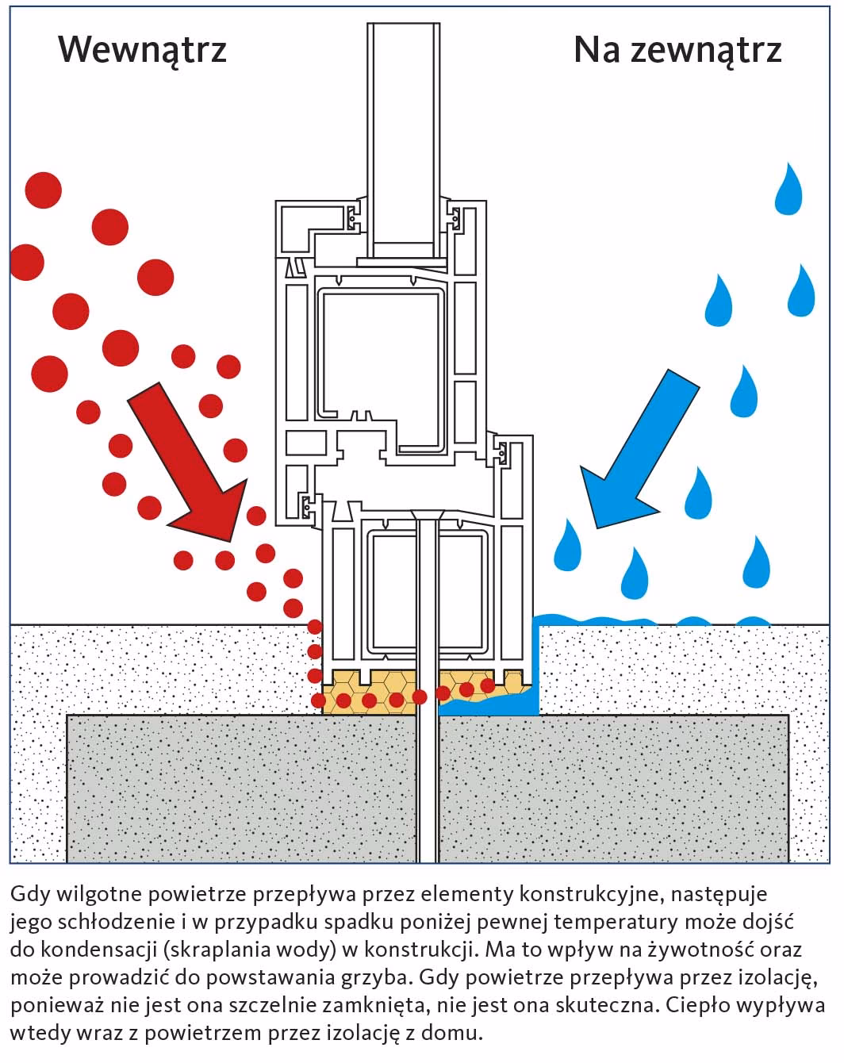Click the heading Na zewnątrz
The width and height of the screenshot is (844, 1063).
pyautogui.click(x=677, y=51)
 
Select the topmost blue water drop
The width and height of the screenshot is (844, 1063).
pyautogui.click(x=788, y=190)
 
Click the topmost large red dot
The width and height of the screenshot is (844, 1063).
pyautogui.click(x=44, y=190)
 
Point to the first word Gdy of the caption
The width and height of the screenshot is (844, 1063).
pyautogui.click(x=29, y=895)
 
